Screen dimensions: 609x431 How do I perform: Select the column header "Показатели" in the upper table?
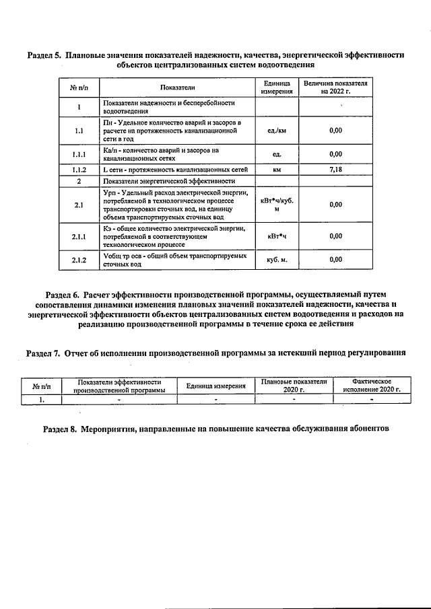pos(177,87)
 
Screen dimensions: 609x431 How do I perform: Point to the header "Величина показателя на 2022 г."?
pos(335,87)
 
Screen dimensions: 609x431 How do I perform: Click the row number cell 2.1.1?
pos(80,236)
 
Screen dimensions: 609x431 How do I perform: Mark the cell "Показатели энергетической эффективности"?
pos(169,181)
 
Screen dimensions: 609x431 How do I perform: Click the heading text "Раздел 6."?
pos(62,295)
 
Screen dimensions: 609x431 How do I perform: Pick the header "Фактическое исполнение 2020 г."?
pos(371,386)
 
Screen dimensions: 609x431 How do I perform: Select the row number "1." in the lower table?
pos(41,399)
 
